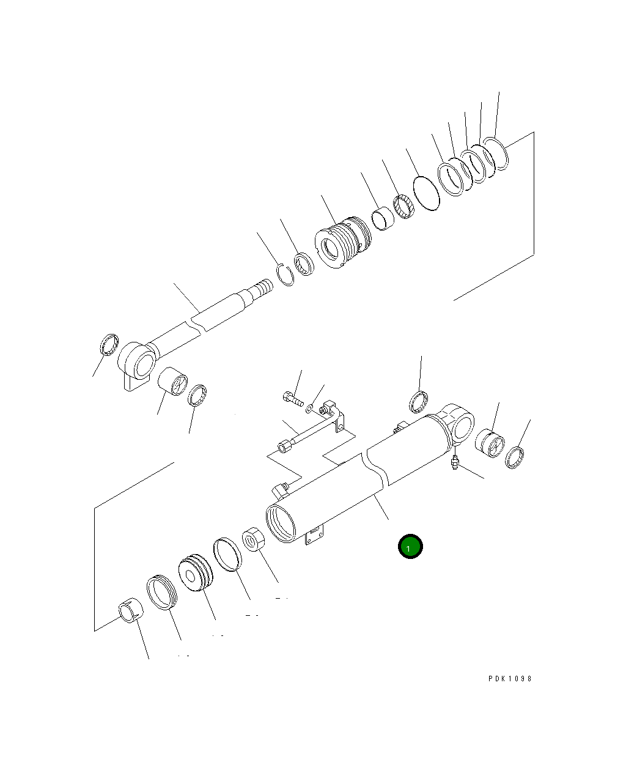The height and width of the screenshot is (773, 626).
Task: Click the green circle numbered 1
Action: tap(410, 546)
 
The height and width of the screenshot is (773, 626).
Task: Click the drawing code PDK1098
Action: tap(510, 679)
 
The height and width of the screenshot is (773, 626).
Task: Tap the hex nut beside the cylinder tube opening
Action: tap(253, 539)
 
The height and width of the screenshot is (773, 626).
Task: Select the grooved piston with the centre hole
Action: tap(196, 572)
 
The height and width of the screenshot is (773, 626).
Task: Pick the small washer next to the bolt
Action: tap(309, 409)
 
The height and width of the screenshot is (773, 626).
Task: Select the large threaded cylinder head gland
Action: tap(343, 242)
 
